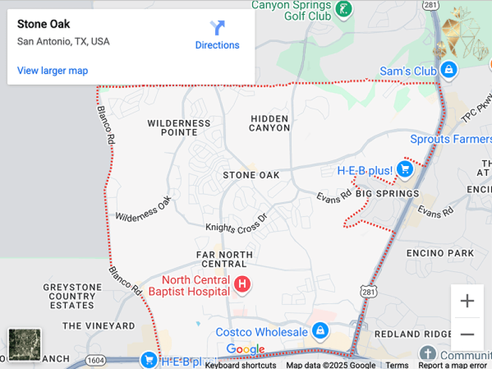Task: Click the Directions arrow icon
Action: click(x=217, y=28)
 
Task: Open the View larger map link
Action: click(x=52, y=71)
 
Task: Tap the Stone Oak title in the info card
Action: click(x=44, y=24)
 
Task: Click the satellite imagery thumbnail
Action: click(x=25, y=344)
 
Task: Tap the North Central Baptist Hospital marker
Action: click(x=243, y=284)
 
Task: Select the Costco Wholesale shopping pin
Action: click(x=319, y=331)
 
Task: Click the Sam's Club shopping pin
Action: click(x=450, y=69)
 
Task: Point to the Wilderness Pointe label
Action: click(x=179, y=127)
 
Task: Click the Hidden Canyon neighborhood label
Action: click(x=269, y=123)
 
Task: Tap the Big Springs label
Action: click(x=387, y=194)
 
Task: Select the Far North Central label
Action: click(x=224, y=259)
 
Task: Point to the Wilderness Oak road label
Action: click(x=143, y=209)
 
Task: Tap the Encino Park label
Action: click(x=440, y=253)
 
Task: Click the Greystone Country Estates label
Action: click(x=72, y=296)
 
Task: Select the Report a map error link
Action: click(x=452, y=365)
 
